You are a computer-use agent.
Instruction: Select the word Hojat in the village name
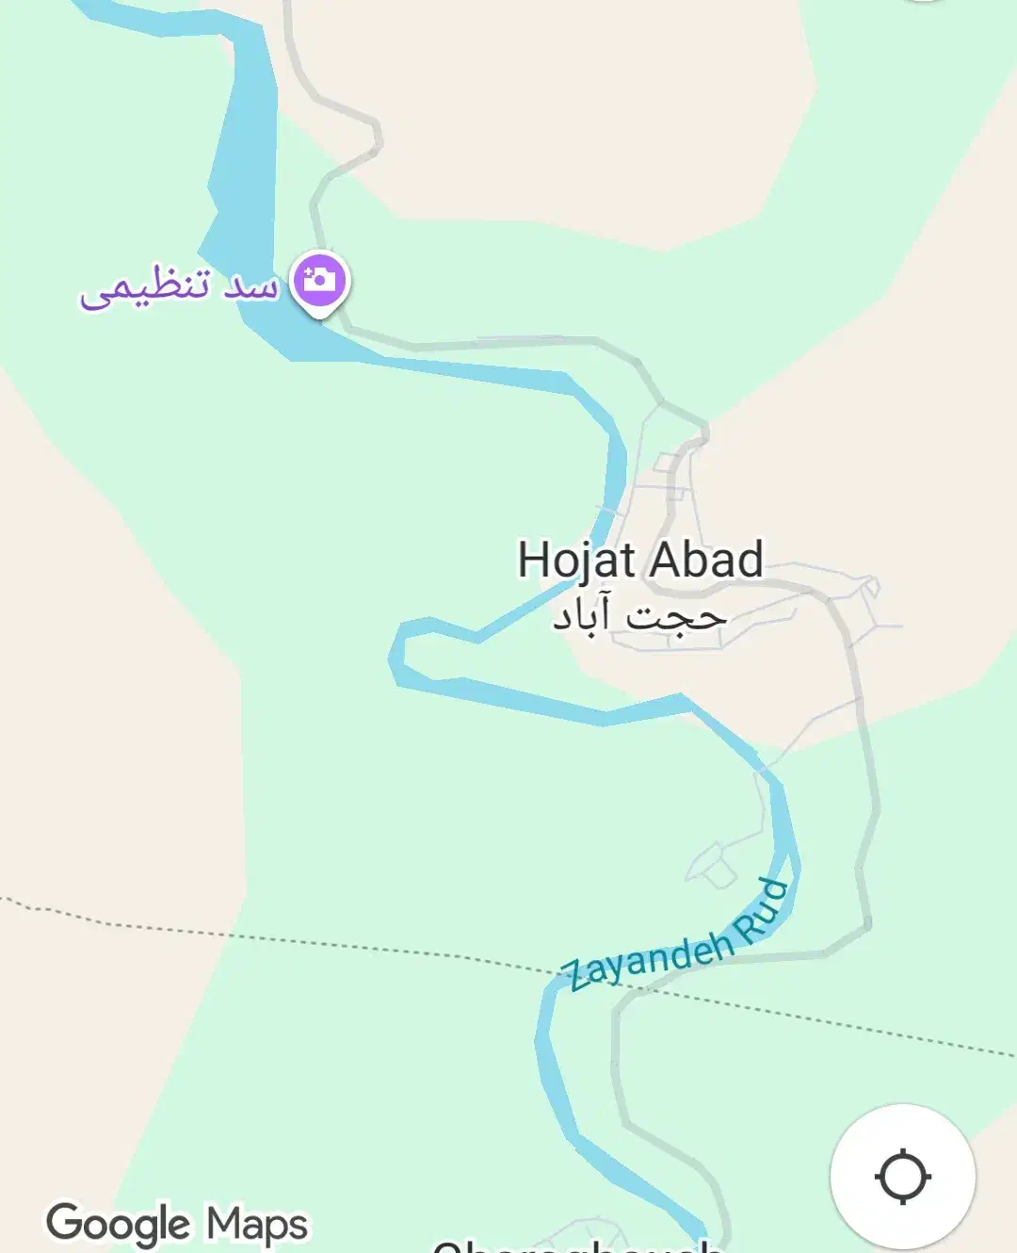576,560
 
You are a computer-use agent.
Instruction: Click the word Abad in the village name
705,560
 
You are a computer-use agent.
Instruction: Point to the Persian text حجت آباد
639,617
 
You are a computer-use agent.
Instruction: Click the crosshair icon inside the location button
903,1177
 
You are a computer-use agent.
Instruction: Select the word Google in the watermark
119,1224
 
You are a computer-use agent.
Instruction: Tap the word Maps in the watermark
256,1225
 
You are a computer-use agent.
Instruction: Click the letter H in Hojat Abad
533,560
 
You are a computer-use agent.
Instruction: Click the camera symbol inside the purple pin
320,279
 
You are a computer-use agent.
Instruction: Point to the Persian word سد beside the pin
250,285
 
